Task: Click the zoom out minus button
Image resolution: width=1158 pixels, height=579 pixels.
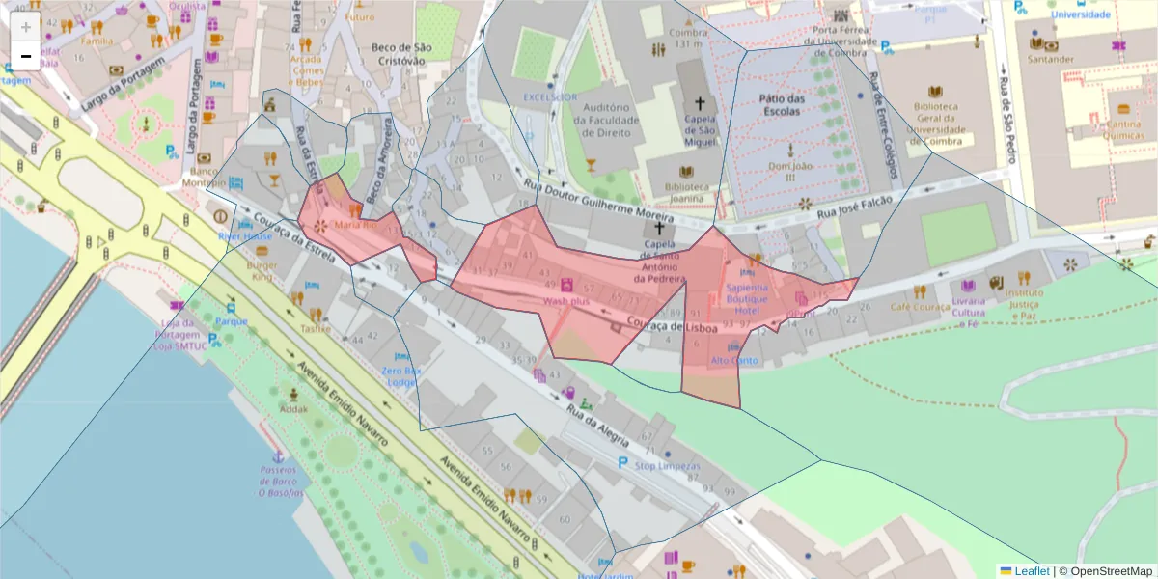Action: coord(26,56)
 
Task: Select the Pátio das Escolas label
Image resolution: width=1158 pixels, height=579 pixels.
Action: coord(782,104)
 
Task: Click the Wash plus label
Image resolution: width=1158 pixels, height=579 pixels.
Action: coord(565,301)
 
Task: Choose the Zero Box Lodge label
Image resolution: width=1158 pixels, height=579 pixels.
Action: coord(402,376)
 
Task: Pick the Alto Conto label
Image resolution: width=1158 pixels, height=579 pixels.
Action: coord(733,361)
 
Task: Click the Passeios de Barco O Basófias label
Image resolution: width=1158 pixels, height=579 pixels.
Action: coord(281,481)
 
